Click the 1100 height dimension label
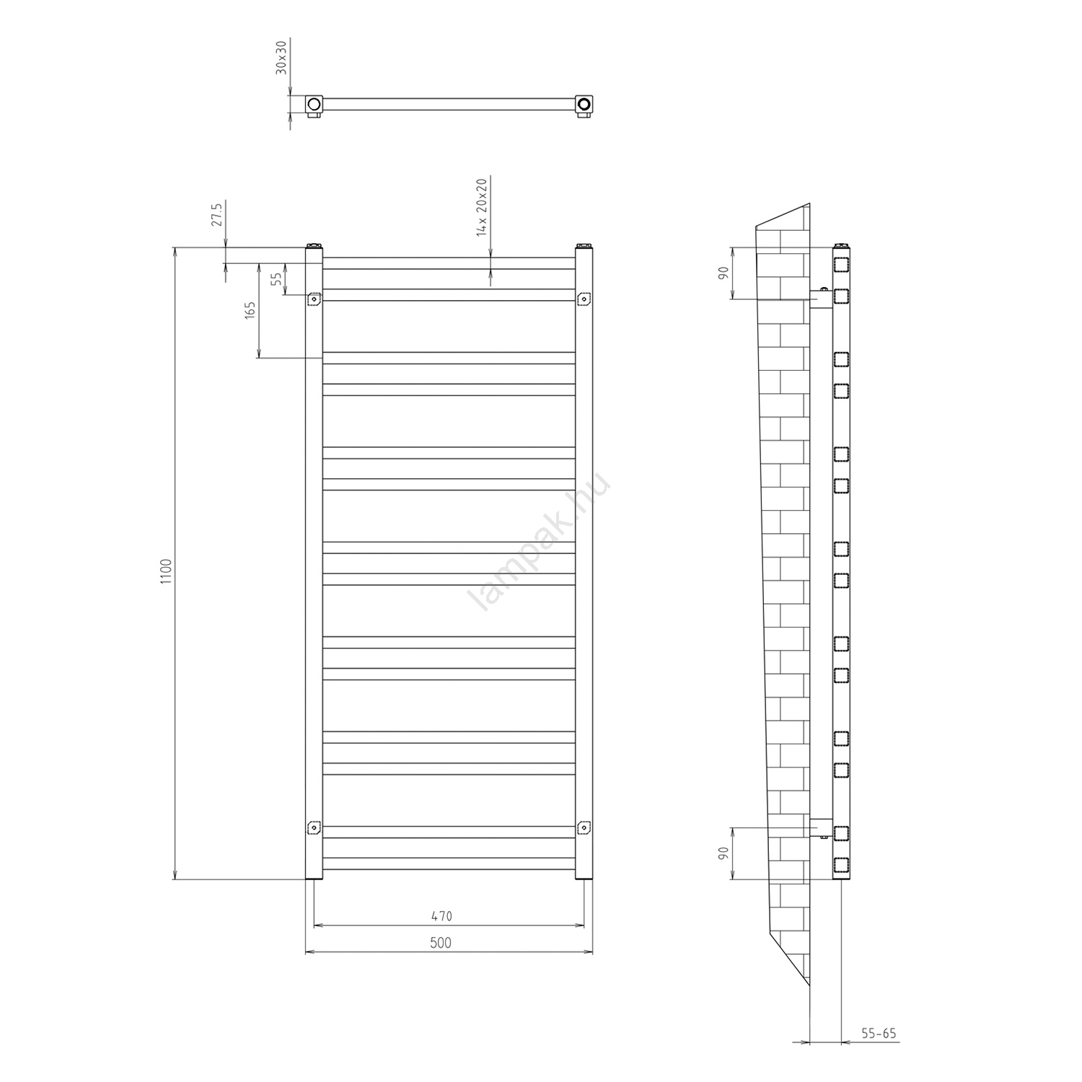click(167, 571)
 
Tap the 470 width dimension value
click(441, 916)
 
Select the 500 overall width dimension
click(441, 943)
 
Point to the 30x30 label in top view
click(281, 57)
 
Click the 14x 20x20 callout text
click(482, 206)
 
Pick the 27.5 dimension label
click(216, 214)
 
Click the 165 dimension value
click(250, 310)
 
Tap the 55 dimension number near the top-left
click(276, 278)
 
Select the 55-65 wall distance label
click(879, 1034)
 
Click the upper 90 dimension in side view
click(723, 273)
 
